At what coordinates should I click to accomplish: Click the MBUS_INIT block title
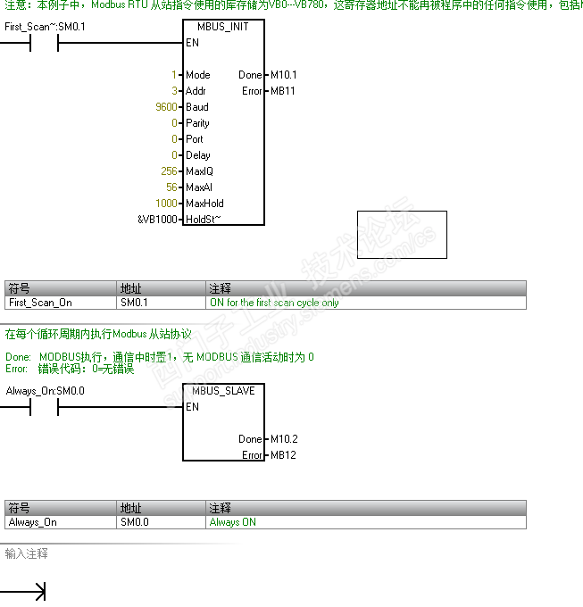tap(223, 27)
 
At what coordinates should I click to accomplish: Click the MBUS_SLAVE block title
tap(223, 391)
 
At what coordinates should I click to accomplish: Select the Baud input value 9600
tap(167, 107)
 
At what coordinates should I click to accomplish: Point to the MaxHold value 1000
tap(166, 204)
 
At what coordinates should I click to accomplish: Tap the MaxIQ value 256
tap(169, 171)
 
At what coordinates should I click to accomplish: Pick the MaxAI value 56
tap(171, 187)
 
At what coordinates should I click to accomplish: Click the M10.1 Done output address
tap(283, 75)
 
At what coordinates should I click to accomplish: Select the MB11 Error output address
tap(282, 91)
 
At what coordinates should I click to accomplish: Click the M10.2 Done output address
tap(283, 439)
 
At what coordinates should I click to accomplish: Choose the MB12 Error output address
tap(282, 455)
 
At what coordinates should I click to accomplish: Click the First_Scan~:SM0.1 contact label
tap(45, 27)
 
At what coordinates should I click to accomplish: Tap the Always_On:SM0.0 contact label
tap(45, 391)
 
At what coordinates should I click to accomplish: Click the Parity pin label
tap(197, 123)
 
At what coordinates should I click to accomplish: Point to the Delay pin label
tap(197, 155)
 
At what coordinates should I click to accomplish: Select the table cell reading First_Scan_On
tap(40, 303)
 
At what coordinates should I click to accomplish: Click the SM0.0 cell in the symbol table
tap(134, 522)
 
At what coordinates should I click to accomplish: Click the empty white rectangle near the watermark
tap(402, 235)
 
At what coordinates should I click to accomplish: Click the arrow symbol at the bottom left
tap(36, 591)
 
